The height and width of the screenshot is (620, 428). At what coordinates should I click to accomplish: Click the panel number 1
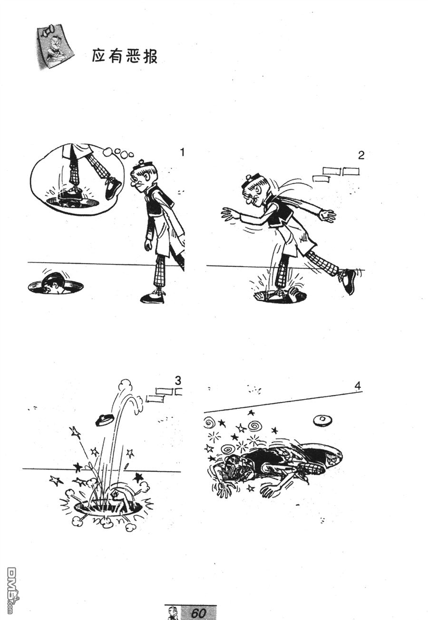[182, 152]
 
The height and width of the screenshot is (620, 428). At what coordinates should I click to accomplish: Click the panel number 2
[360, 156]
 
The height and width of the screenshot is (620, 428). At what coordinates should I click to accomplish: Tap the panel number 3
[178, 381]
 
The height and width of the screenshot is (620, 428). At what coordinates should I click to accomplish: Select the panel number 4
[358, 385]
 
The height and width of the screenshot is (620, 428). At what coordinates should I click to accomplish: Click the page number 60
[198, 613]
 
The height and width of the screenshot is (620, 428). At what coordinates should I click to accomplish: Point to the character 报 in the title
[150, 56]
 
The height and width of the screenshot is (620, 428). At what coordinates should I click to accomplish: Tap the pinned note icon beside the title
[56, 47]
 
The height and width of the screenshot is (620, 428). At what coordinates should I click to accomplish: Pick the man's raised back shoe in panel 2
[349, 281]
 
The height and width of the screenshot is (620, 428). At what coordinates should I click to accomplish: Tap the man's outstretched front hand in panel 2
[230, 215]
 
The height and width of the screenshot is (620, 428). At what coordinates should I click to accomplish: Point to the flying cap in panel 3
[105, 420]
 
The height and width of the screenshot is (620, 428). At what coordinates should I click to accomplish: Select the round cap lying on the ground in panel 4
[322, 420]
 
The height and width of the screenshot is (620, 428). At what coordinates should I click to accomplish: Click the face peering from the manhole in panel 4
[331, 460]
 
